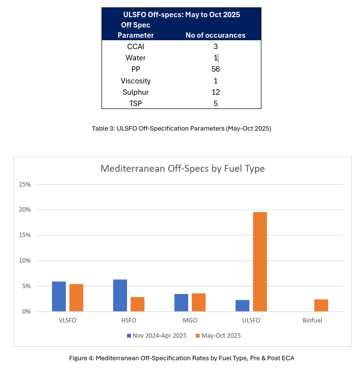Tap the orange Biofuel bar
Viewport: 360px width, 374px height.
point(321,305)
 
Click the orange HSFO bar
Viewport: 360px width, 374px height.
point(137,304)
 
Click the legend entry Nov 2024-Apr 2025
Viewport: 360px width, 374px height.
point(155,336)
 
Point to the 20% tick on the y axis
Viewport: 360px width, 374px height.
point(25,210)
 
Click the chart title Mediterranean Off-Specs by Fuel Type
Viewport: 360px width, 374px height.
point(182,169)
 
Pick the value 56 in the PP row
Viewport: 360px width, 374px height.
point(215,69)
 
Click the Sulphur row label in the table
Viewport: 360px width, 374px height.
point(135,92)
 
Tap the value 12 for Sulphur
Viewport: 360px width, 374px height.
point(215,92)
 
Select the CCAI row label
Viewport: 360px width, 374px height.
point(135,47)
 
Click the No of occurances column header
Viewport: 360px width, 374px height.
point(215,35)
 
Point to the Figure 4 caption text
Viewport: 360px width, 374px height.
point(181,358)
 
